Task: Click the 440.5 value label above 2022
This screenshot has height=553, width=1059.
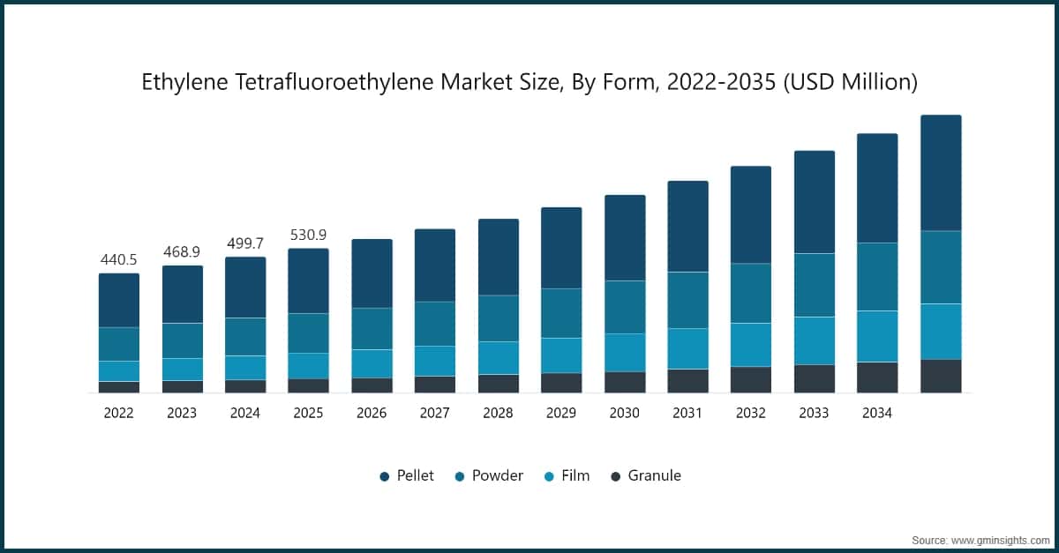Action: coord(118,260)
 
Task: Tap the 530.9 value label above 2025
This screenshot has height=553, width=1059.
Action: coord(308,235)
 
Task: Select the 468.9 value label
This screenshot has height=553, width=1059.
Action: coord(182,252)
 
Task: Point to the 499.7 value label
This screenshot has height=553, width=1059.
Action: coord(245,243)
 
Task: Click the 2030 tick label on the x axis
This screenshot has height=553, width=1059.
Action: coord(625,413)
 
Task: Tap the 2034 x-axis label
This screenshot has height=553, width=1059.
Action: coord(877,413)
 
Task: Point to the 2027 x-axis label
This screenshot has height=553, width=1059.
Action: coord(435,413)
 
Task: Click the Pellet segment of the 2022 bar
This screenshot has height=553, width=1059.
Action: coord(118,300)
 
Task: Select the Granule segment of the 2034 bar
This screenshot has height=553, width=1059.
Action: coord(877,377)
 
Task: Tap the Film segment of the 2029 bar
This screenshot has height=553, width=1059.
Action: coord(561,355)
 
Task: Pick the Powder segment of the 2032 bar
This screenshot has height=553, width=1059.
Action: coord(751,293)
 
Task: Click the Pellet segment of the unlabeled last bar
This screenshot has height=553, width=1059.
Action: coord(941,173)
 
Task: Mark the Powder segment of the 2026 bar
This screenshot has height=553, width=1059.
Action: coord(372,328)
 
